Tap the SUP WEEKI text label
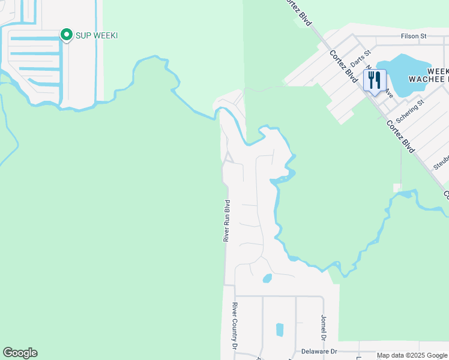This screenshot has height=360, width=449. [x=96, y=36]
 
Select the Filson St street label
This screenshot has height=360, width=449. [x=413, y=36]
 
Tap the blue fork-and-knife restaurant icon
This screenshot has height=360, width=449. [x=375, y=80]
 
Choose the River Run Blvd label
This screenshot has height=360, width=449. [x=227, y=220]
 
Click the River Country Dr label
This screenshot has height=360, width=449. [x=235, y=326]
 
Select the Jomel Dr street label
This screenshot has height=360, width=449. [x=324, y=326]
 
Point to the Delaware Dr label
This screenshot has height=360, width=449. [x=319, y=352]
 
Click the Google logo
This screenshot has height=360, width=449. [x=20, y=353]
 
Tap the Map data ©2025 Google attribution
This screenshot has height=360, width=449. [x=411, y=355]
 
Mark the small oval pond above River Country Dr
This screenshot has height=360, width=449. [x=267, y=278]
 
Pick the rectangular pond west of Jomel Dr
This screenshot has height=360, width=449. [x=279, y=329]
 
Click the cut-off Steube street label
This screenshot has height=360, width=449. [x=441, y=162]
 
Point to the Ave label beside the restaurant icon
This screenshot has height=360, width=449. [x=388, y=94]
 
